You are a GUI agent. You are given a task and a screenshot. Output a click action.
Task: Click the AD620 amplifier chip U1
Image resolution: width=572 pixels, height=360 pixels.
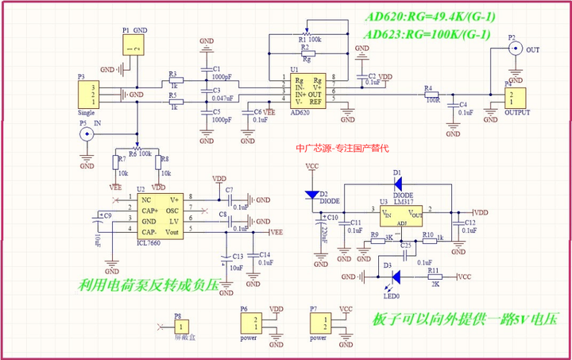click(307, 91)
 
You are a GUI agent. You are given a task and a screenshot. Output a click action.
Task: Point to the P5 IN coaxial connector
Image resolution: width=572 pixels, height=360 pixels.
click(86, 135)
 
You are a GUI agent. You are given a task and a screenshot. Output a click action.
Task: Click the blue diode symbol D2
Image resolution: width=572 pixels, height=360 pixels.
click(311, 195)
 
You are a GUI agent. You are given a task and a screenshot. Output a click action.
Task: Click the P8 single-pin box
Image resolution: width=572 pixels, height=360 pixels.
click(183, 326)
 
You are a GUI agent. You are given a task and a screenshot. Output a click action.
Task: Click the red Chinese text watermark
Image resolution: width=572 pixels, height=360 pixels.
click(341, 148)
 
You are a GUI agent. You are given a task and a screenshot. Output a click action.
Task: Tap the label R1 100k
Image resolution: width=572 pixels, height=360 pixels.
click(309, 38)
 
